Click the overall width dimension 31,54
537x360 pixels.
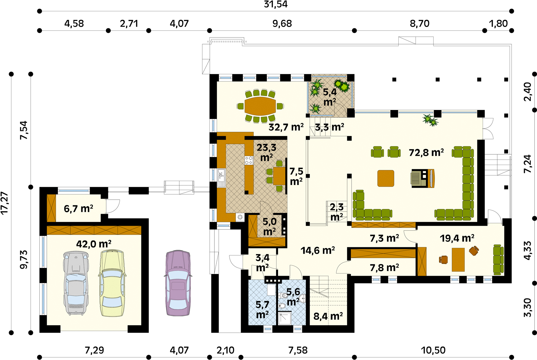click(x=275, y=4)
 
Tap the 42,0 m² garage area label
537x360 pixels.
click(x=94, y=244)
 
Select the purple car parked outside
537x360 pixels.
click(x=178, y=283)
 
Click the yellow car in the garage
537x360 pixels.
click(x=112, y=283)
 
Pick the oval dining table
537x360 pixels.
click(x=260, y=106)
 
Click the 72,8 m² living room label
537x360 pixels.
click(x=426, y=152)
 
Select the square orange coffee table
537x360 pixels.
click(x=386, y=178)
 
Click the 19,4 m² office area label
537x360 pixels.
click(x=457, y=238)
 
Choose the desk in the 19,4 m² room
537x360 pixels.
click(x=458, y=260)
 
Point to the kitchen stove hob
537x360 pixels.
click(x=249, y=160)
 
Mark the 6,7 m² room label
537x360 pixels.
click(x=78, y=209)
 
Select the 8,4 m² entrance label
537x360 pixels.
click(x=328, y=316)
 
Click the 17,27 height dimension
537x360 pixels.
click(x=4, y=203)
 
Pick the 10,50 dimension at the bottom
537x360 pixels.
click(x=433, y=350)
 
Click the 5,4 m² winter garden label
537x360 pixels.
click(x=330, y=97)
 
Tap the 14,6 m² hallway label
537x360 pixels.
click(x=318, y=250)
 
